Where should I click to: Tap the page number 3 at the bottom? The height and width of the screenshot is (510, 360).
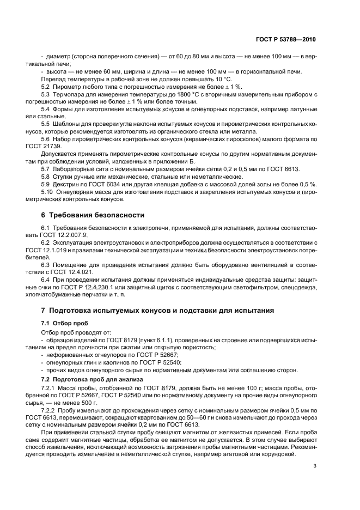(314, 465)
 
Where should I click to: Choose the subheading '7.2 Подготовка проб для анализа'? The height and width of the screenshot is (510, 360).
(92, 379)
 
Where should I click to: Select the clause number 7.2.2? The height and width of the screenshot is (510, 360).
(49, 408)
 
